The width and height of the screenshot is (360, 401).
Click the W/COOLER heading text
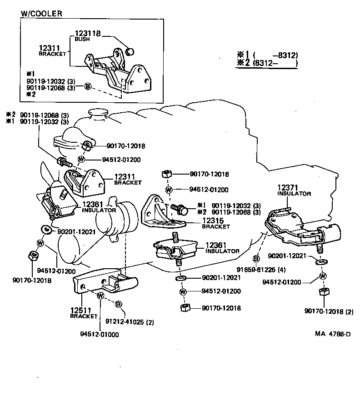(x=41, y=13)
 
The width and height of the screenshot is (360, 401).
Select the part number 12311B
(x=87, y=33)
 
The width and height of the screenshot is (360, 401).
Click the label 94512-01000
(x=100, y=335)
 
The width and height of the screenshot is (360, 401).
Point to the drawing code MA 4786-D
(x=333, y=335)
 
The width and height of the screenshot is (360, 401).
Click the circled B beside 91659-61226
(x=256, y=259)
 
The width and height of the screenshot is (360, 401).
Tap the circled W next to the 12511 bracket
(x=101, y=296)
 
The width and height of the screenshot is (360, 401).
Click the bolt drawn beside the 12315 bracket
(x=180, y=209)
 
